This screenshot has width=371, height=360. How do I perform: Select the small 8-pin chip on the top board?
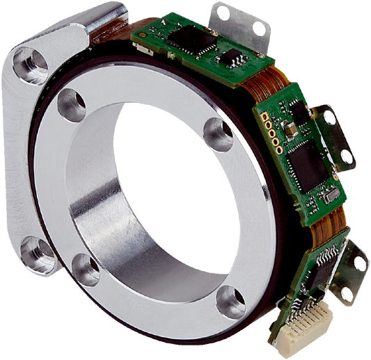point(230,56)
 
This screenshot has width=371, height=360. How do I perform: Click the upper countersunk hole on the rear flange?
point(29,65)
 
